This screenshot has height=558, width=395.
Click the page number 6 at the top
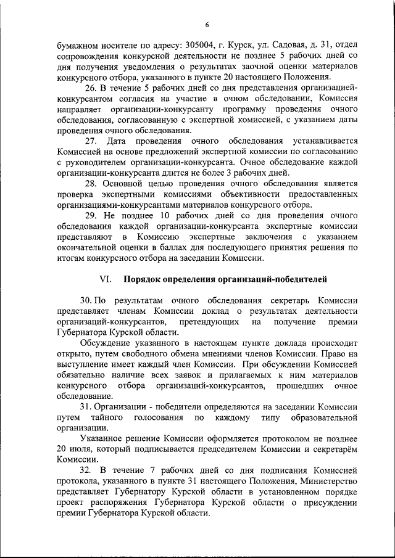(x=207, y=25)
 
